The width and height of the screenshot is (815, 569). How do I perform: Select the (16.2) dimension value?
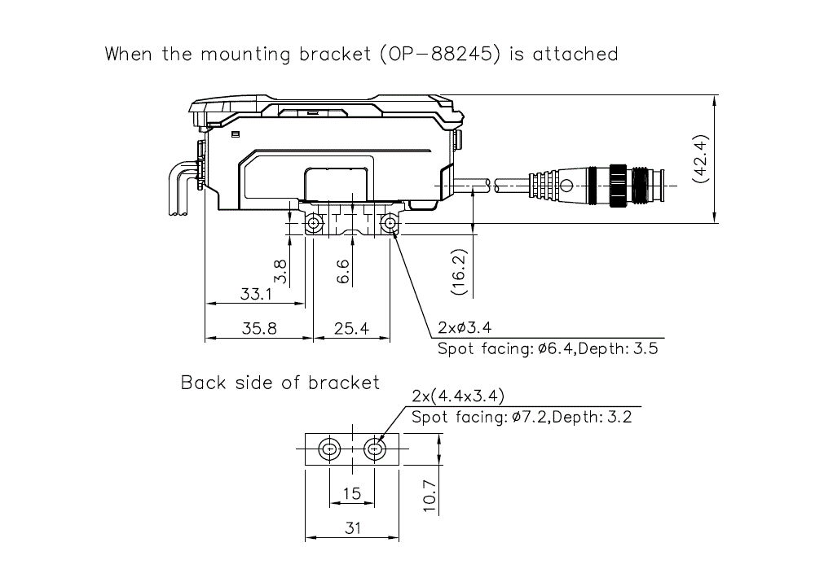(459, 270)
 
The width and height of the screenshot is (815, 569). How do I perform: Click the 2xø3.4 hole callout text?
(464, 328)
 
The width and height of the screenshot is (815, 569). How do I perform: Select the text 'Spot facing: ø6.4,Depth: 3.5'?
(547, 349)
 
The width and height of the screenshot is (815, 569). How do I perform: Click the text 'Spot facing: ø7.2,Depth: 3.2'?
(522, 418)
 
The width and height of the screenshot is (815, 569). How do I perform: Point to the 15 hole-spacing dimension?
(351, 494)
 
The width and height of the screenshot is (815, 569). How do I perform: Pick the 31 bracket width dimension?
(351, 527)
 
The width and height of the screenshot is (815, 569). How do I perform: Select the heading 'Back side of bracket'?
(280, 383)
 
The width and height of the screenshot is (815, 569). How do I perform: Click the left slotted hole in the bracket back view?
(329, 449)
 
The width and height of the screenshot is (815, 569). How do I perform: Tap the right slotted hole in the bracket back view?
(375, 449)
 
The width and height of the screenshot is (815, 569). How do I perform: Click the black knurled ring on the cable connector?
(618, 185)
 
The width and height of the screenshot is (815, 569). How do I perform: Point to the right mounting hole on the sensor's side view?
(390, 223)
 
